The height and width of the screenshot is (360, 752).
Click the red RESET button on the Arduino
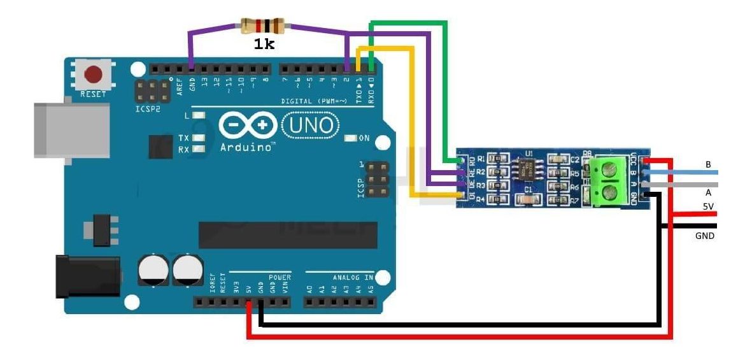(94, 75)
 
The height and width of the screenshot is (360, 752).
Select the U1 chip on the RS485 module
(528, 170)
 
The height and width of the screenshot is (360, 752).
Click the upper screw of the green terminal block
(612, 169)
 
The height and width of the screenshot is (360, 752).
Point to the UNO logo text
(311, 125)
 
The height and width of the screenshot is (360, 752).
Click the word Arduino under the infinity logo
(247, 147)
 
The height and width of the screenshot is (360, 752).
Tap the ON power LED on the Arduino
(350, 138)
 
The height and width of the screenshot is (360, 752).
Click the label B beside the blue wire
(707, 164)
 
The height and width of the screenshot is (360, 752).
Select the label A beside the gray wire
(707, 192)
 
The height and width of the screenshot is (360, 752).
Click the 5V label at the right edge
(708, 206)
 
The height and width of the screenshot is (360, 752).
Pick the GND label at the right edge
(705, 236)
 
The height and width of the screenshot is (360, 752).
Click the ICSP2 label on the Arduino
(147, 109)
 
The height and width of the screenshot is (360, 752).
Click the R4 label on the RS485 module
(481, 200)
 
